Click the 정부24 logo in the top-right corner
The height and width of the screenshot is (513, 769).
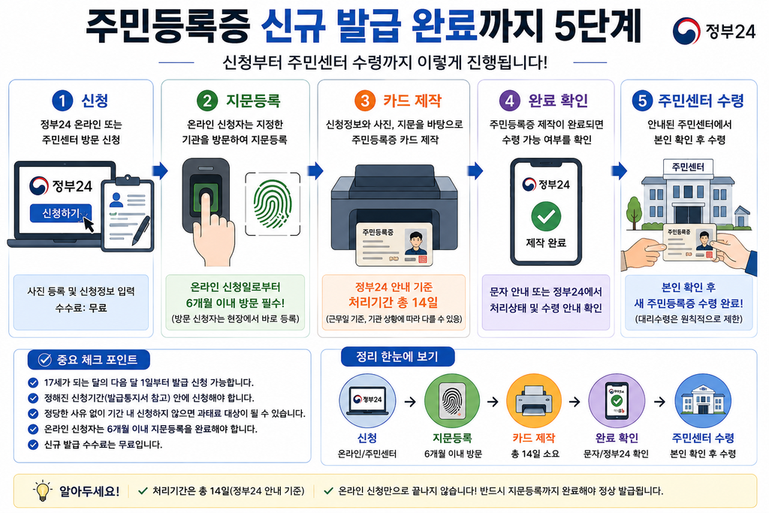[x=714, y=31]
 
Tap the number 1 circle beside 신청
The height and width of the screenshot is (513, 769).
[x=62, y=101]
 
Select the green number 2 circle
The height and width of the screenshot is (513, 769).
[x=207, y=101]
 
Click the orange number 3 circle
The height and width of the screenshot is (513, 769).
[x=364, y=101]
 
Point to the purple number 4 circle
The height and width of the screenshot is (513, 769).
[x=509, y=101]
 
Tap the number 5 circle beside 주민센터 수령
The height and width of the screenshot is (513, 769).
[x=642, y=101]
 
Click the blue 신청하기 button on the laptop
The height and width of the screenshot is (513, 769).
[x=61, y=213]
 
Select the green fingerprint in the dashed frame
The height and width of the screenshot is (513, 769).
[x=273, y=204]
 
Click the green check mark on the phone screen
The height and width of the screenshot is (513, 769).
[x=546, y=216]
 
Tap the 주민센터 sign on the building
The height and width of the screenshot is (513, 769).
[x=688, y=167]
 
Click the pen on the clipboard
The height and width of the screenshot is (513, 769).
[x=142, y=231]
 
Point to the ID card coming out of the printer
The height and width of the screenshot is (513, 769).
[x=394, y=244]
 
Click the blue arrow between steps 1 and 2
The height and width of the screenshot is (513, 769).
[x=161, y=170]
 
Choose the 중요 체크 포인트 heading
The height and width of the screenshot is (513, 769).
[x=89, y=360]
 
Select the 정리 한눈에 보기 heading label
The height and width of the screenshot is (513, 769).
[x=397, y=357]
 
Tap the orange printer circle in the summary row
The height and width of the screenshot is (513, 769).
[x=534, y=401]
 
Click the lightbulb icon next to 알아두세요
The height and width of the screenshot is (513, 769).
[x=43, y=490]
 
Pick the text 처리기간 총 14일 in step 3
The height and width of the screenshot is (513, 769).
[x=394, y=302]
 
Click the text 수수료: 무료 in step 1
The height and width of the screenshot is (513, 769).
[x=81, y=308]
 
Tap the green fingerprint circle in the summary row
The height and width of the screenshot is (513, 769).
[x=452, y=401]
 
